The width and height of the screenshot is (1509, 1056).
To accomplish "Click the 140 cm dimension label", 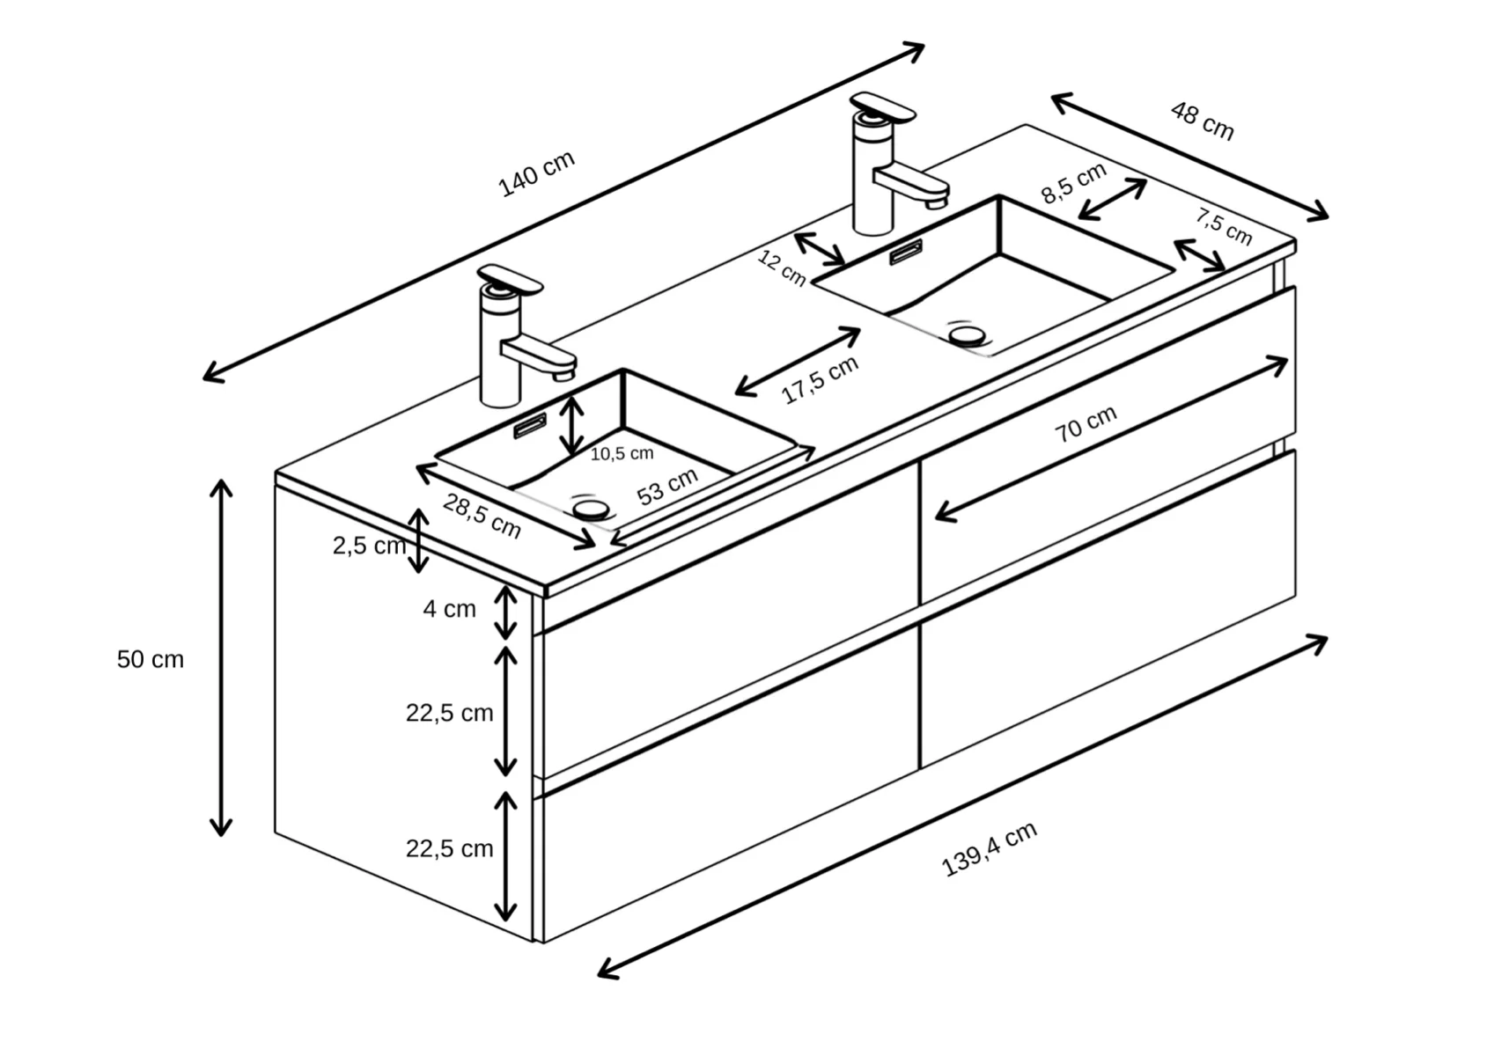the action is tap(536, 173).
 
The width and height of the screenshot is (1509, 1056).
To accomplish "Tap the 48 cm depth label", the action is tap(1203, 121).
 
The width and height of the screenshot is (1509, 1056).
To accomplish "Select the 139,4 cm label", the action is tap(989, 850).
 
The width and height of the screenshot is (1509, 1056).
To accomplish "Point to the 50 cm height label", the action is tap(151, 659).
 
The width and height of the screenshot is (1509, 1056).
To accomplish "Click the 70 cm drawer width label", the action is tap(1086, 423).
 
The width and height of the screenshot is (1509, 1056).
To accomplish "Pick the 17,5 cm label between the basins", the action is tap(820, 379).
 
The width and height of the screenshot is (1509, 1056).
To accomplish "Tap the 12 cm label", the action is tap(782, 268).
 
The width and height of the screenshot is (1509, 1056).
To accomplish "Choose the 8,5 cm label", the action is tap(1074, 182).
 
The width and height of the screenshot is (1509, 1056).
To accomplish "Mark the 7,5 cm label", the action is tap(1224, 226).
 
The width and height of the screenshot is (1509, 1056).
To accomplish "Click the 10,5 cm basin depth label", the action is tap(622, 454).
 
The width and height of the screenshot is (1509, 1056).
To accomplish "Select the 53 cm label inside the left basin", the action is tap(667, 487).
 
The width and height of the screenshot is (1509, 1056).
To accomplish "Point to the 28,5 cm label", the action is tap(482, 516).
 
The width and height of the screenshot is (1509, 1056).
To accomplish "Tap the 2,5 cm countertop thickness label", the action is tap(369, 546).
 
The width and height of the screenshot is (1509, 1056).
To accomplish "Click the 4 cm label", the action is tap(449, 609).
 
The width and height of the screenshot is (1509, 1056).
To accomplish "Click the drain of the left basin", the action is tap(592, 510).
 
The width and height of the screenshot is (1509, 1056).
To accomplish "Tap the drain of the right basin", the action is tap(968, 335).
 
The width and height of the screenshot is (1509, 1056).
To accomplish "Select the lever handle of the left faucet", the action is tap(510, 280).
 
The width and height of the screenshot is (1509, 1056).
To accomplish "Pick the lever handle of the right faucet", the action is tap(882, 107).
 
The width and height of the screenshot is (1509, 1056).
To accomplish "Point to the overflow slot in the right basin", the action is tap(906, 253).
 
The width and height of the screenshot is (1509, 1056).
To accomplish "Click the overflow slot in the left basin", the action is tap(530, 426).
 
